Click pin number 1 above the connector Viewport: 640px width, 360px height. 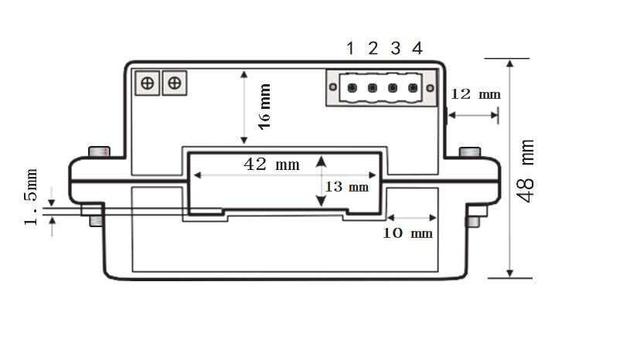pos(350,49)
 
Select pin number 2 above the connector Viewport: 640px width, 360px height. pos(373,49)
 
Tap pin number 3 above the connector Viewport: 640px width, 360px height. pos(395,49)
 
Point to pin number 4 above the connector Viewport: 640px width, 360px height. pos(417,49)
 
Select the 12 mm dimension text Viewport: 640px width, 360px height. pos(475,94)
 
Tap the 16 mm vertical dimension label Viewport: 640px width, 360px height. pos(264,107)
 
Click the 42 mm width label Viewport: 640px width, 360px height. pos(271,165)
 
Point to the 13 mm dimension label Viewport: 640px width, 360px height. pos(346,187)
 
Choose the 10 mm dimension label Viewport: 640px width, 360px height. pos(408,233)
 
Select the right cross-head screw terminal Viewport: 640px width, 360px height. pos(175,82)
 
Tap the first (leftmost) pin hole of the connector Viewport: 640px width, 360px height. pos(351,88)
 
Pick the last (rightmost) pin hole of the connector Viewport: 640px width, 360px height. pos(413,88)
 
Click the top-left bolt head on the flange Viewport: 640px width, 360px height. pos(99,151)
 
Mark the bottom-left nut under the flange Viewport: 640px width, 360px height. pos(96,221)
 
